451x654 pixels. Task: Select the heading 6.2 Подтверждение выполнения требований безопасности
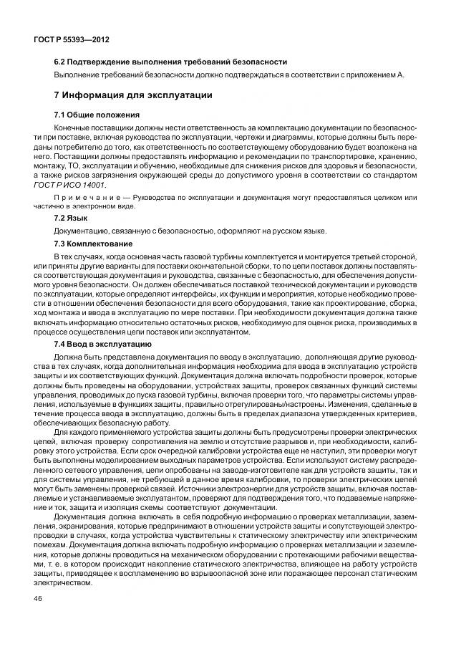click(170, 62)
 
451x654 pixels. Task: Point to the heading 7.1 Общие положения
click(97, 115)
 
